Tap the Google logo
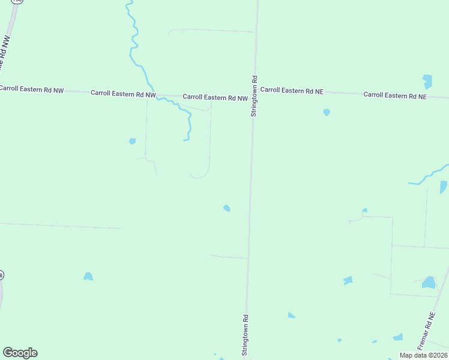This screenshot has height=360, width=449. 20,353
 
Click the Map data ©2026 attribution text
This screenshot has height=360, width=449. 423,355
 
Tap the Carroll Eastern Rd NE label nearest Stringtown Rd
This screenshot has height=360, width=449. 292,91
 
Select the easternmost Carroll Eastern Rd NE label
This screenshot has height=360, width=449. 395,95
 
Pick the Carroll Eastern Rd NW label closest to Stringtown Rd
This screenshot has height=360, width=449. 215,97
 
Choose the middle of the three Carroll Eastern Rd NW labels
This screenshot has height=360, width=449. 123,94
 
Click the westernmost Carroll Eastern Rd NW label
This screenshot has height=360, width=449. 32,89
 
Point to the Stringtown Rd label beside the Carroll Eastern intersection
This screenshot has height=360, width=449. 255,95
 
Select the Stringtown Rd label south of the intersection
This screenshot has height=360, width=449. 245,335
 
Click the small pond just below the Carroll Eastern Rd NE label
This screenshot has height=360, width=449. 327,112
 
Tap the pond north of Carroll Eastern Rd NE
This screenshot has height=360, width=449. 427,82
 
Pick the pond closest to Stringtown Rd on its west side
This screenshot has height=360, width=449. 226,208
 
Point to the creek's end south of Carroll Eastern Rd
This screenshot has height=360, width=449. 185,140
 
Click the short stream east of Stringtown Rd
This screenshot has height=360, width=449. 427,176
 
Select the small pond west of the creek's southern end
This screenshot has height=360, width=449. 132,142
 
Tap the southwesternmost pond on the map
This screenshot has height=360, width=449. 88,277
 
